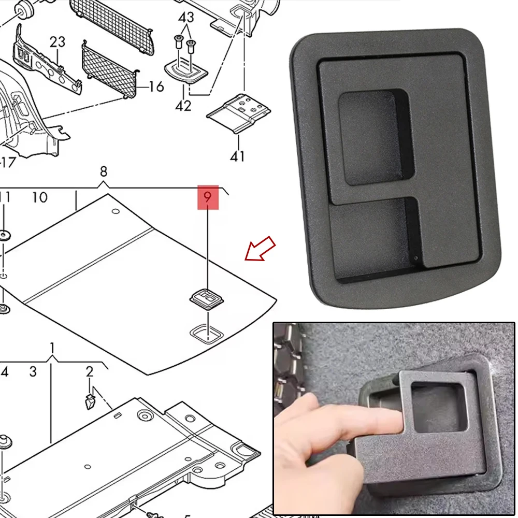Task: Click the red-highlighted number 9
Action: pos(208,197)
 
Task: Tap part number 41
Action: pos(237,155)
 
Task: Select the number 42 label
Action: pos(183,106)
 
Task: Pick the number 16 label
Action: pos(155,87)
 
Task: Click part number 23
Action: pos(57,41)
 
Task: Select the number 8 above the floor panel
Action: pos(104,171)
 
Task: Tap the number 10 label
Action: pos(39,197)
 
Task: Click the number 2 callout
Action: pos(90,371)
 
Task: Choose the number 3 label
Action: pos(33,371)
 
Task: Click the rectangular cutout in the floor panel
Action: pos(207,333)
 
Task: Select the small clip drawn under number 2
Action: pos(90,400)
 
